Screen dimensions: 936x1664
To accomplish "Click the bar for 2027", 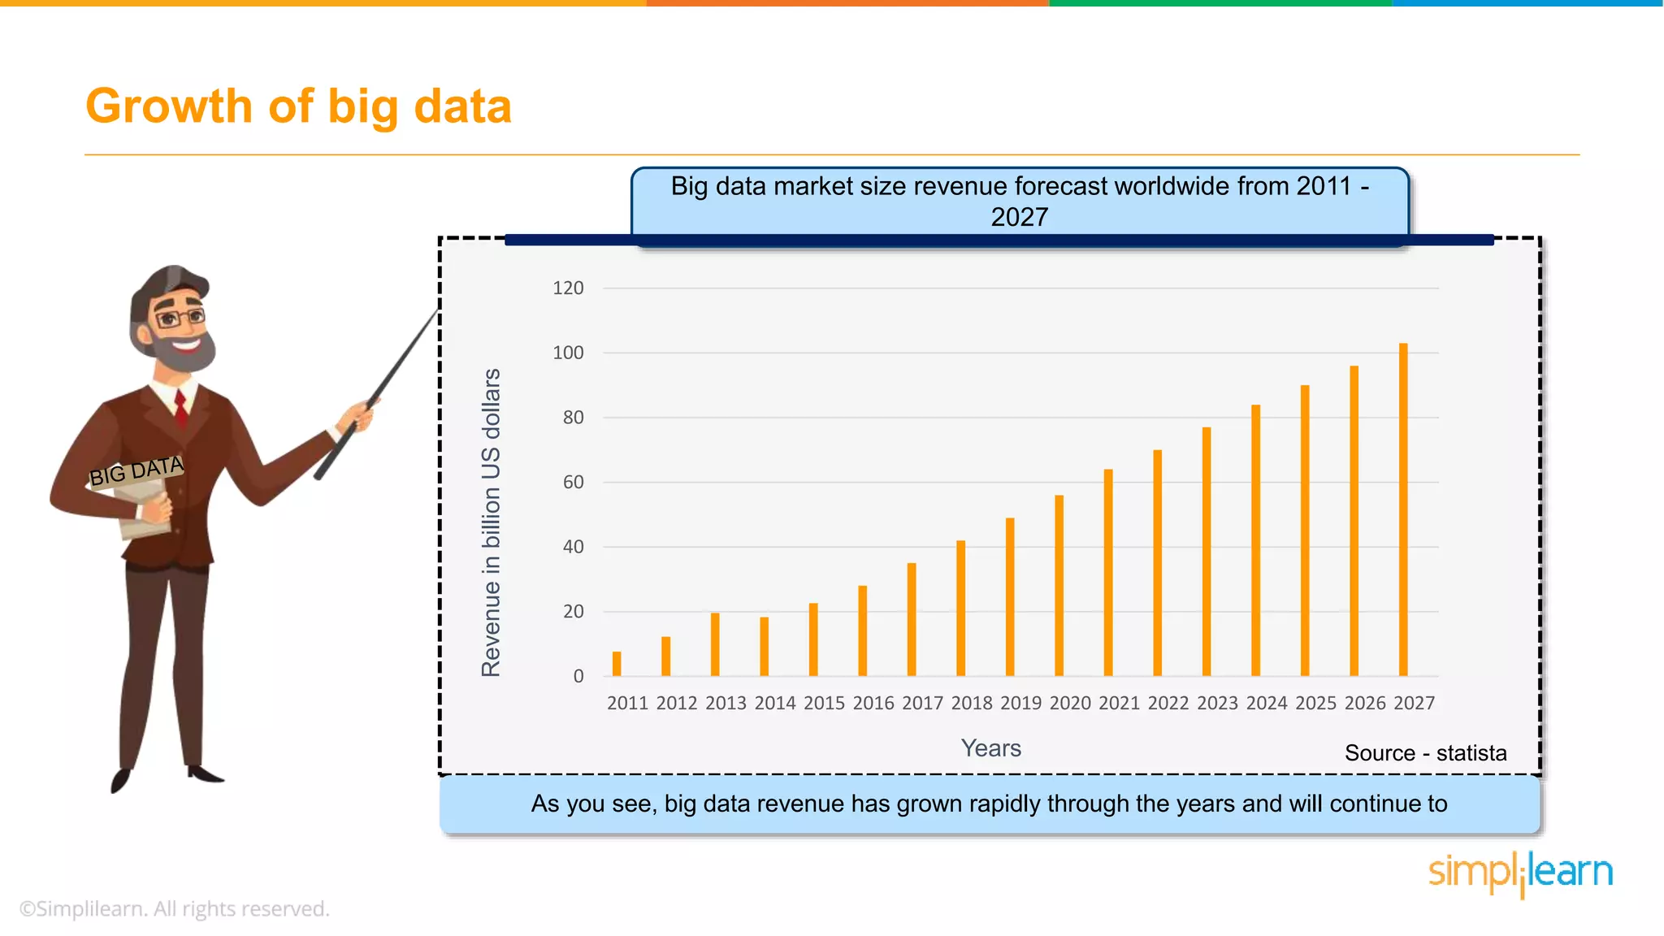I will pyautogui.click(x=1403, y=510).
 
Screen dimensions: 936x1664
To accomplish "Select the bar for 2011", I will pyautogui.click(x=617, y=664).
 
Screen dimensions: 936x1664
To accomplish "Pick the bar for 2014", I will pyautogui.click(x=764, y=647).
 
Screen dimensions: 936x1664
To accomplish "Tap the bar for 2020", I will pyautogui.click(x=1059, y=586).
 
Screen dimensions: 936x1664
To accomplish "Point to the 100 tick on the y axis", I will pyautogui.click(x=568, y=353).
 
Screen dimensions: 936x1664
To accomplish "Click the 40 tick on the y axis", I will pyautogui.click(x=573, y=547).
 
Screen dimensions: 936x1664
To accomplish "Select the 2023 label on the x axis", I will pyautogui.click(x=1217, y=703).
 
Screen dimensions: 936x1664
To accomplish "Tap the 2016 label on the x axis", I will pyautogui.click(x=873, y=703).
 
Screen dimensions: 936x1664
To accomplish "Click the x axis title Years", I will pyautogui.click(x=990, y=748).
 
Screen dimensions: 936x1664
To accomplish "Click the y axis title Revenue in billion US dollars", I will pyautogui.click(x=491, y=522).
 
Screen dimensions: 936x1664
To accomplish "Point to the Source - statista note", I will pyautogui.click(x=1425, y=753).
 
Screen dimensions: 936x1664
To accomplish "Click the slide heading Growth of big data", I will pyautogui.click(x=298, y=106).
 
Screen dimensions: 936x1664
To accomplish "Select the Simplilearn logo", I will pyautogui.click(x=1520, y=873).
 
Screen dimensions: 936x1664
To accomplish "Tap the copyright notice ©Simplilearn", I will pyautogui.click(x=174, y=908).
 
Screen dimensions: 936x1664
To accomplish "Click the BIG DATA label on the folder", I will pyautogui.click(x=136, y=471).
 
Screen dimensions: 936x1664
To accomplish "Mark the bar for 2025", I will pyautogui.click(x=1305, y=531).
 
